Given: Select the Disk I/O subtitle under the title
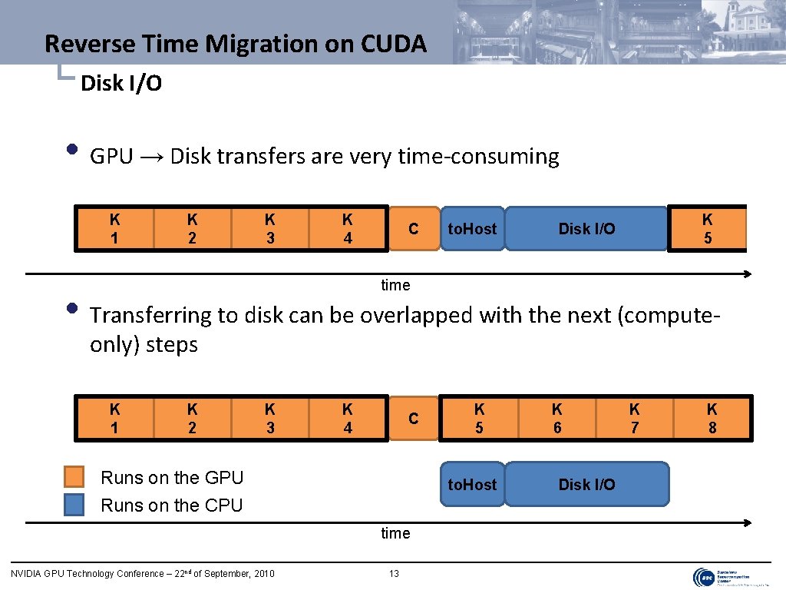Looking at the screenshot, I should [121, 83].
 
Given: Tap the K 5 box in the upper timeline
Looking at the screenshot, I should [707, 229].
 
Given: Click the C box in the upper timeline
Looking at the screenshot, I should [413, 229].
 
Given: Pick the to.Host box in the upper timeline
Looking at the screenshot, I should [472, 229].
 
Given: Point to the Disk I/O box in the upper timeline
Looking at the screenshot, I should [586, 229].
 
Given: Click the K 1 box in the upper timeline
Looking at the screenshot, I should [114, 229].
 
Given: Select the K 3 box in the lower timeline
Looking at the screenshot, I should [270, 419].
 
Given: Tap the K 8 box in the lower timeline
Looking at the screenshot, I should [712, 419].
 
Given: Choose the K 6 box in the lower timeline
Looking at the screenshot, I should [557, 419].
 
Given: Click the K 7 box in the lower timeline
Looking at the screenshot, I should [635, 419].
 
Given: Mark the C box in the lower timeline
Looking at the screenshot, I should [413, 419].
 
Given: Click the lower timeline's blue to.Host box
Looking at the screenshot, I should [472, 485].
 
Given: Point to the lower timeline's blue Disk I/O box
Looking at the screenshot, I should [586, 485].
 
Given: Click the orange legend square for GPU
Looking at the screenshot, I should [74, 477].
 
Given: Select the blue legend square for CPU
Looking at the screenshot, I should [74, 505].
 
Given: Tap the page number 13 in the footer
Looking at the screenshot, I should [394, 574].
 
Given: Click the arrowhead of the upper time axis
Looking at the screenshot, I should [747, 274].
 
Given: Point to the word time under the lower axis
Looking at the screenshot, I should [395, 533].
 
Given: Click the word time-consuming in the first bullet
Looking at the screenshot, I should [478, 157].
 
